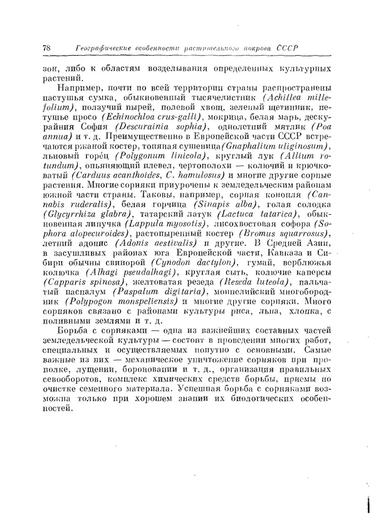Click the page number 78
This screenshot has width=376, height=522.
point(46,49)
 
